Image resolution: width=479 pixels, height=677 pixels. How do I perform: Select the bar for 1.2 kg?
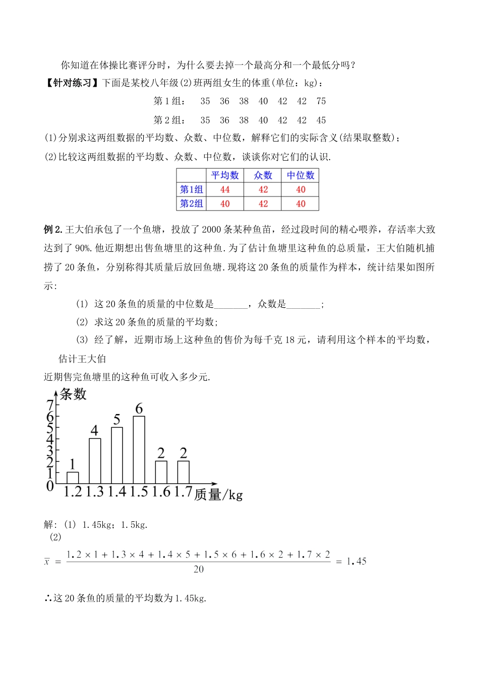pyautogui.click(x=73, y=478)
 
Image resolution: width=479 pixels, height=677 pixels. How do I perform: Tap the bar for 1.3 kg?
pyautogui.click(x=95, y=461)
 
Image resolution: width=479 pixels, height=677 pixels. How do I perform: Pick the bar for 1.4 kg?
pyautogui.click(x=117, y=455)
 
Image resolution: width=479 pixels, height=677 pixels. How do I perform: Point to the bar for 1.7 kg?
pyautogui.click(x=183, y=472)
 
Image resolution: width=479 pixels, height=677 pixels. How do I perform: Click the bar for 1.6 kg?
pyautogui.click(x=161, y=472)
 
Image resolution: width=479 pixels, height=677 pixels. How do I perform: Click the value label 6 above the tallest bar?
pyautogui.click(x=139, y=409)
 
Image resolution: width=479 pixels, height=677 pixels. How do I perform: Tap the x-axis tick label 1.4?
pyautogui.click(x=117, y=492)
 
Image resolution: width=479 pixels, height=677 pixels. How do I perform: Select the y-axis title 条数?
pyautogui.click(x=73, y=394)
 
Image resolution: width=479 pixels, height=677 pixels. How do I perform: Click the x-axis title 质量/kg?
pyautogui.click(x=218, y=495)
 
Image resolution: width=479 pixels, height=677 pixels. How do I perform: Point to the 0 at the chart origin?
pyautogui.click(x=50, y=486)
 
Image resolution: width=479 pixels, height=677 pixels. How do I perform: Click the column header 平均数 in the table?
pyautogui.click(x=225, y=175)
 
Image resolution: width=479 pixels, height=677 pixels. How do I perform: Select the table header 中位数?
pyautogui.click(x=301, y=175)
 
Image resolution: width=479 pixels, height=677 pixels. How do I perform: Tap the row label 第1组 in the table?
pyautogui.click(x=192, y=189)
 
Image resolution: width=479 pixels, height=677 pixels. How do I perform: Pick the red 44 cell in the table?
pyautogui.click(x=225, y=189)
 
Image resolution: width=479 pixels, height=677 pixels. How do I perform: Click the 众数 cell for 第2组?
pyautogui.click(x=263, y=204)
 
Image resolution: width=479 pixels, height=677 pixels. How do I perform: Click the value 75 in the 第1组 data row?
pyautogui.click(x=321, y=101)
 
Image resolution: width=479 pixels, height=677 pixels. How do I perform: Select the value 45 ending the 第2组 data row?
pyautogui.click(x=321, y=120)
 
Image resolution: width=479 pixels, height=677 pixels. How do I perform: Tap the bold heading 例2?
pyautogui.click(x=52, y=230)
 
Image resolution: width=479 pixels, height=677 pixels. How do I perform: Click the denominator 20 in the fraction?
pyautogui.click(x=199, y=569)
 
